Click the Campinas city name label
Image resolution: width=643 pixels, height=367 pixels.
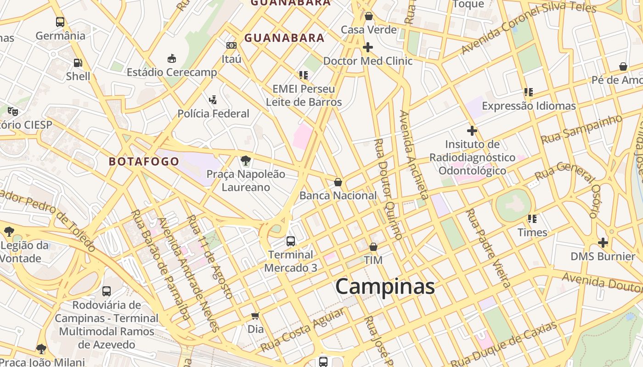coord(385,287)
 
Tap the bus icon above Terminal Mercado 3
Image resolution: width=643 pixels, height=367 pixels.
coord(290,241)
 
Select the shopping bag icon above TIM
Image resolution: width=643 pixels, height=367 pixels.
coord(373,247)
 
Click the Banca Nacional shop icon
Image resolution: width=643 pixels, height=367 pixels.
coord(338,182)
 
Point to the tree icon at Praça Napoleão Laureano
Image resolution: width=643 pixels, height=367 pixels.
coord(246,161)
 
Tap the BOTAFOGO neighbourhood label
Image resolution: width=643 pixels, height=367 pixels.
coord(144,161)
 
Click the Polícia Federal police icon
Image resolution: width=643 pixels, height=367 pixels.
coord(213,100)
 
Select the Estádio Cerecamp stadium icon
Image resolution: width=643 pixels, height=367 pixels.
coord(171,58)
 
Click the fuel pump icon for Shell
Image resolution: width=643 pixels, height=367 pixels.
coord(78,63)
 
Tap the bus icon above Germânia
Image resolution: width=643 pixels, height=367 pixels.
coord(60,22)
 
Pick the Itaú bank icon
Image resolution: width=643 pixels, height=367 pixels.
coord(231,45)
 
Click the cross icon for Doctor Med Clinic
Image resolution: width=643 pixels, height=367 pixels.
coord(368,47)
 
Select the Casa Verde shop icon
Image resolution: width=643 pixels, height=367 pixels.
coord(368,17)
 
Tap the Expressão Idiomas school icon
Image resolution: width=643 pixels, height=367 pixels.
coord(529,92)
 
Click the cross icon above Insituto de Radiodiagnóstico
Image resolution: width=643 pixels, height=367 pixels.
coord(472,131)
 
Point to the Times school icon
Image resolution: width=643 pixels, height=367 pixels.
coord(532,219)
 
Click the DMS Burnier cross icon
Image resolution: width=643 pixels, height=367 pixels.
coord(603,242)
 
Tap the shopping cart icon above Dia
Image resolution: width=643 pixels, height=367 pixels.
coord(255,316)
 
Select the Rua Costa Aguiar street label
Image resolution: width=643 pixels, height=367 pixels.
coord(303,330)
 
